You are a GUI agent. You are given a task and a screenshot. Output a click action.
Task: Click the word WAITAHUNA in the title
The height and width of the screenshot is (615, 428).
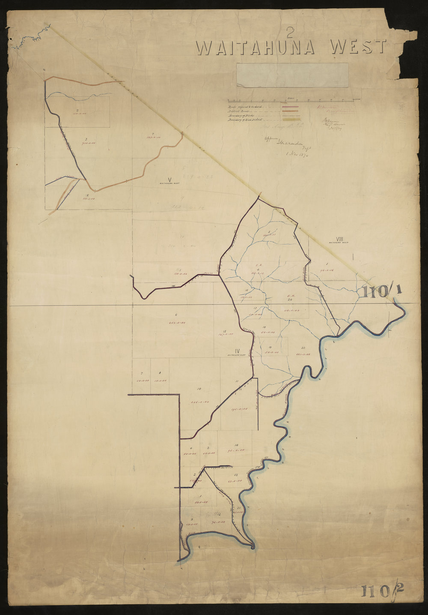tap(256, 48)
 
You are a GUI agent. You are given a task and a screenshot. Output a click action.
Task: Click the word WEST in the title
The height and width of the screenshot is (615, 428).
tap(359, 47)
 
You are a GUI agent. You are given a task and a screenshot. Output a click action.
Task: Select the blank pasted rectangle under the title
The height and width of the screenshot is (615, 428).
tap(292, 75)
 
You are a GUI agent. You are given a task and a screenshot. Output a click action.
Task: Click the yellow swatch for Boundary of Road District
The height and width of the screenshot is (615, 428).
tap(290, 120)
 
